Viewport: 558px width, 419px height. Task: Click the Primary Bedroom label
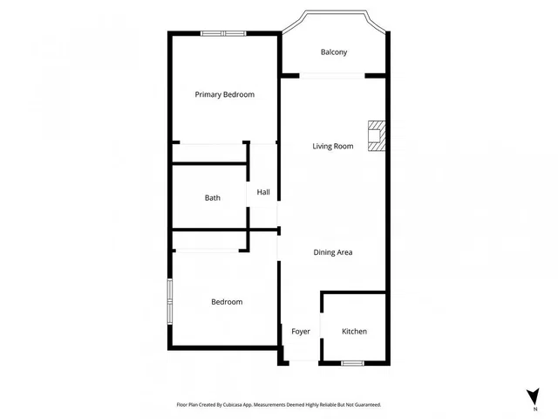(x=225, y=95)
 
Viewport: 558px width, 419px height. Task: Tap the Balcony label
(x=334, y=52)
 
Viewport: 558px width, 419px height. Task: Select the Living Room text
(x=333, y=146)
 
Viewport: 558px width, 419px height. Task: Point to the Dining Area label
(x=333, y=252)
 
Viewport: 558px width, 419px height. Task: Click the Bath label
(x=213, y=198)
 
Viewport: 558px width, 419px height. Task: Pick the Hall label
(x=263, y=192)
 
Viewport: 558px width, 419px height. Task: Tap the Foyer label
(x=301, y=332)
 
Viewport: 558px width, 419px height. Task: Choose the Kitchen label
(x=354, y=332)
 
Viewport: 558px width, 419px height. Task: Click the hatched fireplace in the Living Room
(x=377, y=136)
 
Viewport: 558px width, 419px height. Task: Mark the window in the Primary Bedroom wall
(x=223, y=33)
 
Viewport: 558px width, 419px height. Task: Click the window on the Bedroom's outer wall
(x=170, y=301)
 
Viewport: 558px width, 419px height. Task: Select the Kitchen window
(x=352, y=363)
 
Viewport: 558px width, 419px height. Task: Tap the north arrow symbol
(x=534, y=396)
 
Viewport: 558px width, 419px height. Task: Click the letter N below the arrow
(x=535, y=409)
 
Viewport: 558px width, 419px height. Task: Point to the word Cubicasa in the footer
(x=233, y=405)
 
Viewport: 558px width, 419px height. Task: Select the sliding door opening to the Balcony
(x=332, y=76)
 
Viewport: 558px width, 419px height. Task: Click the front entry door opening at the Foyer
(x=303, y=363)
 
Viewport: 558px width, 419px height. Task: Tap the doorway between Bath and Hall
(x=248, y=194)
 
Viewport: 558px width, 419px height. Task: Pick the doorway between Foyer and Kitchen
(x=322, y=326)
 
